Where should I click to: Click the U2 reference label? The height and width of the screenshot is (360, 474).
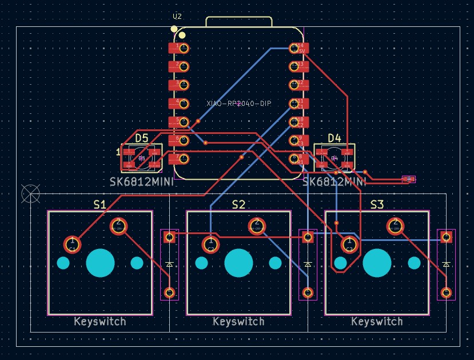177,17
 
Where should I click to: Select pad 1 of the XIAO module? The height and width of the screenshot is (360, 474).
182,48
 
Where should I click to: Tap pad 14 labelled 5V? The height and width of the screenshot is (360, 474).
298,48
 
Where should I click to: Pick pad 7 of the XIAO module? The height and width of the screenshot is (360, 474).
182,158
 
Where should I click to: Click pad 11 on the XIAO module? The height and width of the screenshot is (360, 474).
298,104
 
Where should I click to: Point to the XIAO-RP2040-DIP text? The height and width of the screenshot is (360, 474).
239,104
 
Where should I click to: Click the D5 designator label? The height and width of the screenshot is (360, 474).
141,138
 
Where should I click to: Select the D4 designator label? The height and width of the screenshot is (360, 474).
334,138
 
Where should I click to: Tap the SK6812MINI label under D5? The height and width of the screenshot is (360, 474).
141,182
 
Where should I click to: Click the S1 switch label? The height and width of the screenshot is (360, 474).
99,204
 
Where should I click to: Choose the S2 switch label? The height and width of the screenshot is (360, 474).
238,204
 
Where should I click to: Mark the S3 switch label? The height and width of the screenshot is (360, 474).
377,204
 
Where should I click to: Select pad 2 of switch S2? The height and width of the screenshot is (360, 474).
257,226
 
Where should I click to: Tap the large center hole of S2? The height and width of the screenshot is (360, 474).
238,263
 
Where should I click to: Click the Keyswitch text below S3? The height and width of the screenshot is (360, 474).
377,322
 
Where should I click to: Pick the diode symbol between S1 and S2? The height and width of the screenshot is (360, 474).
169,264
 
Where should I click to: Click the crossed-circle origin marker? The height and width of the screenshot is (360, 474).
30,193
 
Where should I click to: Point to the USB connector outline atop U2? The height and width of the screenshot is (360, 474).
238,22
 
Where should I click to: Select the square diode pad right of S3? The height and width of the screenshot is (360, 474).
446,236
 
